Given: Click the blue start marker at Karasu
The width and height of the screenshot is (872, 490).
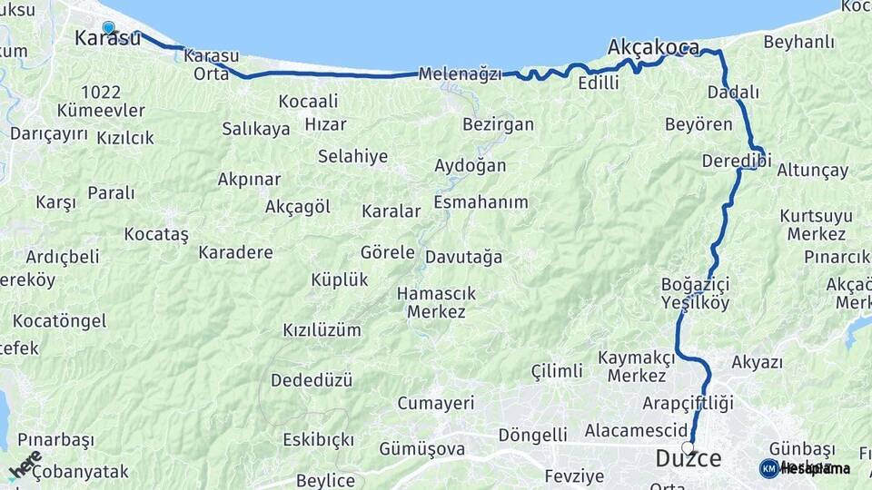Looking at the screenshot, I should (x=109, y=27).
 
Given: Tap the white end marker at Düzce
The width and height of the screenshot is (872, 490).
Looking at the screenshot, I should (x=688, y=446).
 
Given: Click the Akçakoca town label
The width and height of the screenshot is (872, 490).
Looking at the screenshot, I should (x=654, y=47).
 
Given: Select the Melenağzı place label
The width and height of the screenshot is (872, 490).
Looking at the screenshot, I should (x=460, y=74).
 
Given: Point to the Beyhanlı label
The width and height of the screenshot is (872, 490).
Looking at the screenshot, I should (x=798, y=42).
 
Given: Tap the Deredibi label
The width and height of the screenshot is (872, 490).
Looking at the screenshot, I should (x=736, y=161).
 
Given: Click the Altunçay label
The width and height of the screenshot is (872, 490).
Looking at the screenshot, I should (x=812, y=170).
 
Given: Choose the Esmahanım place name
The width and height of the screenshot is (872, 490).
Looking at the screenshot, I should (x=481, y=201).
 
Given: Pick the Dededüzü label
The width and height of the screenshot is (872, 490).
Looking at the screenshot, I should (x=312, y=379).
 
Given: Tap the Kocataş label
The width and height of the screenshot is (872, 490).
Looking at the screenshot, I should (x=156, y=234).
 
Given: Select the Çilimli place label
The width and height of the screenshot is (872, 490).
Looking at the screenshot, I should (x=557, y=371).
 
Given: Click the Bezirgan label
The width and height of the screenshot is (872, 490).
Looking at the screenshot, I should (x=498, y=124).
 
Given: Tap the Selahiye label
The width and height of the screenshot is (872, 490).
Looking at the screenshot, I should (x=352, y=156).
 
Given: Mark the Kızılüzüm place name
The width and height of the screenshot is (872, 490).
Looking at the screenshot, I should (x=322, y=329).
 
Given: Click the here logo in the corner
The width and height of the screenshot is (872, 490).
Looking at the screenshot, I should (x=24, y=465).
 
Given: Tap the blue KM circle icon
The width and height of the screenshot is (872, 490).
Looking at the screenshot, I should (x=768, y=468).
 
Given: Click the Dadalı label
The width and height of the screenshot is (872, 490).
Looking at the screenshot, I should (x=733, y=93).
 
